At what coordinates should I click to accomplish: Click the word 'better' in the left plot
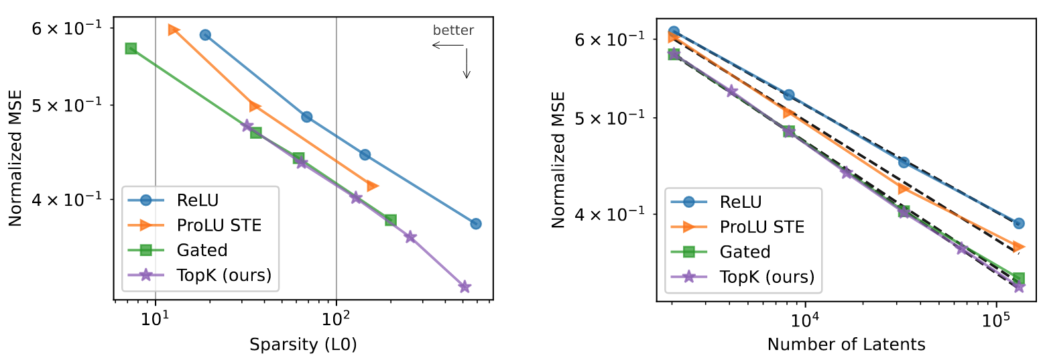click(453, 30)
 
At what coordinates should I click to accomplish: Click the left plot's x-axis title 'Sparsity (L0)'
click(303, 345)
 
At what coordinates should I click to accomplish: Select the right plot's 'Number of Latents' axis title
click(847, 345)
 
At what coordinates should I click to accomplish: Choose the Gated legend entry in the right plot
click(744, 251)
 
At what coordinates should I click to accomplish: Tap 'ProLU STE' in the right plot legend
click(762, 227)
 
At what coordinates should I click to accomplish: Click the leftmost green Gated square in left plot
click(131, 48)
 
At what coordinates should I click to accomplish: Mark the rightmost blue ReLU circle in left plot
click(476, 223)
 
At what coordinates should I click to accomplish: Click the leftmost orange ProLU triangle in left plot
click(174, 29)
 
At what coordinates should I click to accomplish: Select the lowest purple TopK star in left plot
click(465, 287)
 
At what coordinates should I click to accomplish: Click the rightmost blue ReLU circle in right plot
click(1019, 223)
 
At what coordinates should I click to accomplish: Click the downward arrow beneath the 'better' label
click(467, 64)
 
